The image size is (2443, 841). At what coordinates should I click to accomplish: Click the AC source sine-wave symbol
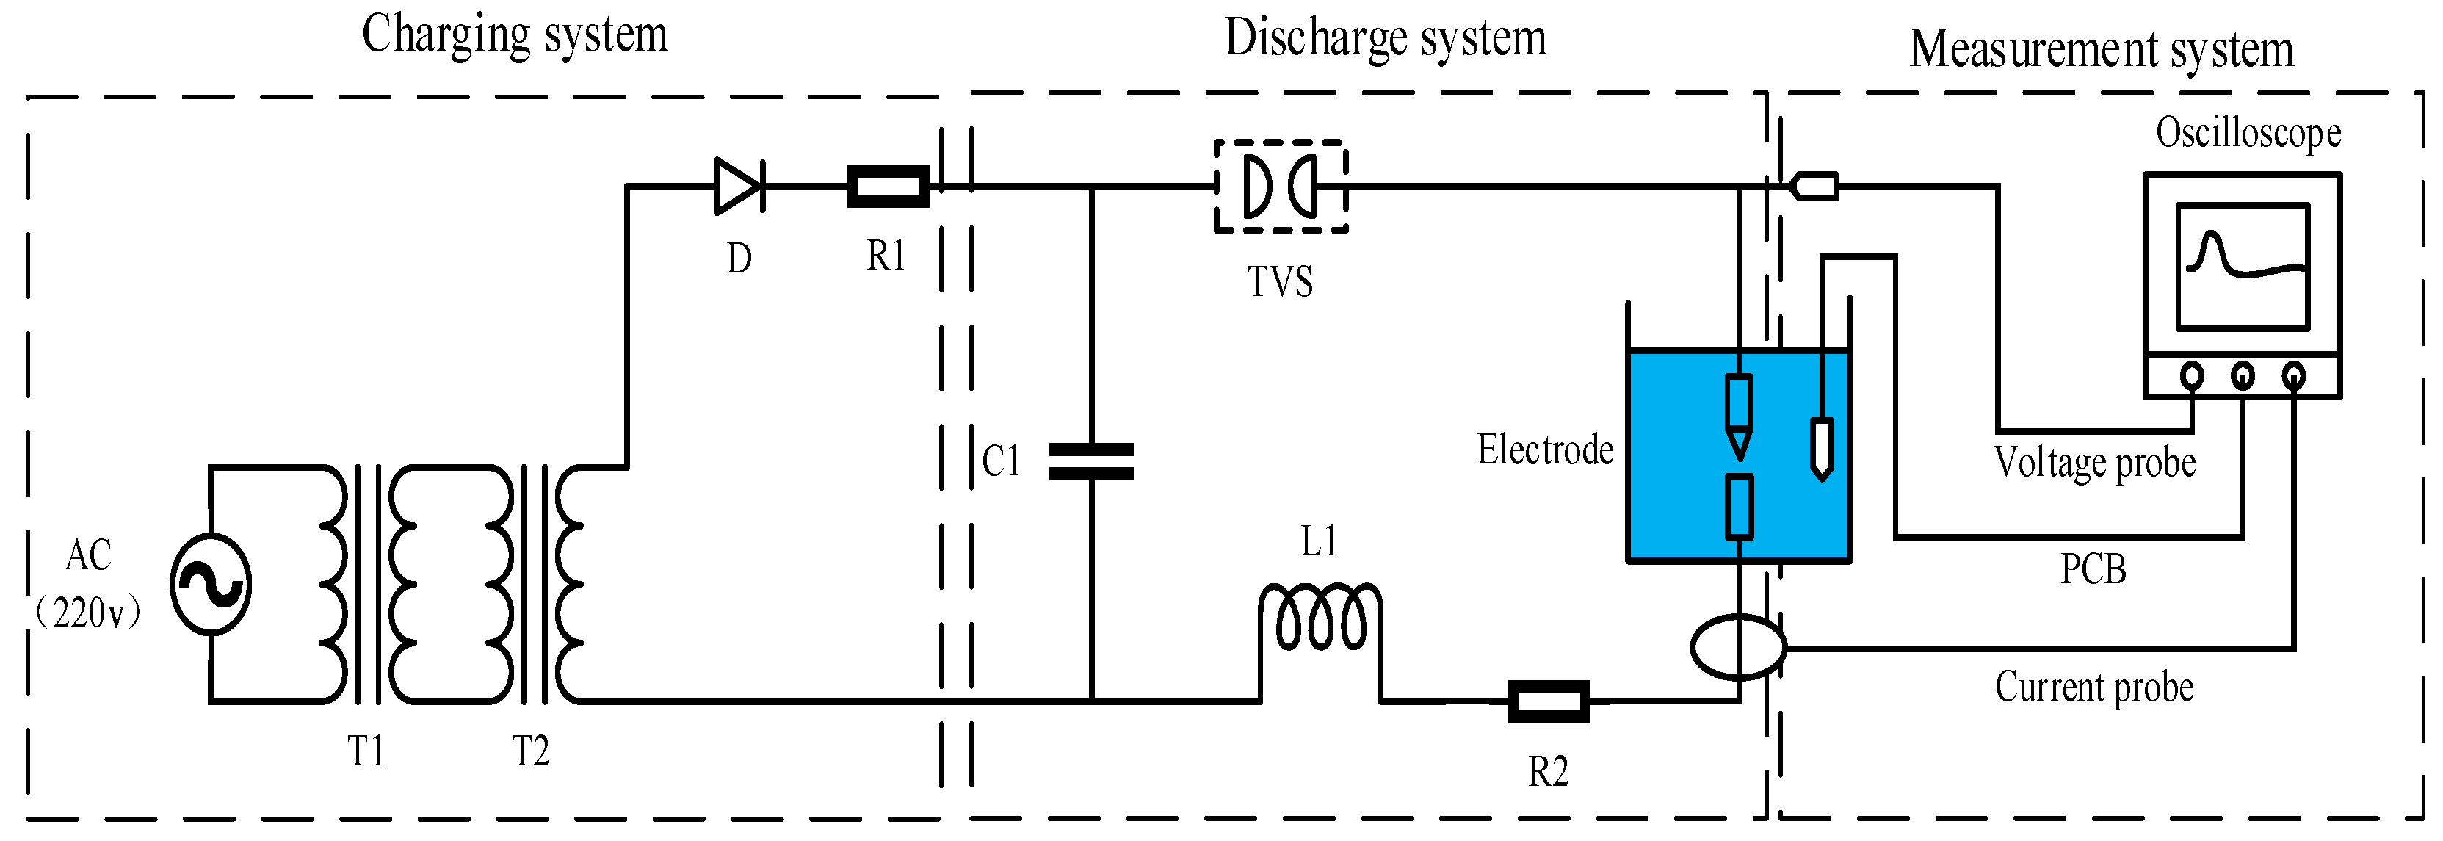coord(211,584)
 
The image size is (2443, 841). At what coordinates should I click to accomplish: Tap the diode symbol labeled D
coord(739,186)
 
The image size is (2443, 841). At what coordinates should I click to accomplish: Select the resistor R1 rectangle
coord(888,186)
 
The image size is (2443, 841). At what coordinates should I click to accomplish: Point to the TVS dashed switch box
coord(1281,186)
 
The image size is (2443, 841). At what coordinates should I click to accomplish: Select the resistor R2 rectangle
coord(1549,701)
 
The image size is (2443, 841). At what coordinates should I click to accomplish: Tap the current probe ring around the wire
coord(1738,646)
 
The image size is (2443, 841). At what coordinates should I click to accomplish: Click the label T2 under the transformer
coord(530,752)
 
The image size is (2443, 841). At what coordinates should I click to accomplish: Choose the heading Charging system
coord(514,35)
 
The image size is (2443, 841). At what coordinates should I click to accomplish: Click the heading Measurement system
coord(2101,49)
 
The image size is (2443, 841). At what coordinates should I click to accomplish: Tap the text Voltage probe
coord(2094,463)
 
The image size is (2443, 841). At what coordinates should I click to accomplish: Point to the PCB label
coord(2093,569)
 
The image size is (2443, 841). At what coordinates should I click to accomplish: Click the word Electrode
coord(1545,450)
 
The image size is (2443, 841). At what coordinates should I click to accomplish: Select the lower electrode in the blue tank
coord(1738,508)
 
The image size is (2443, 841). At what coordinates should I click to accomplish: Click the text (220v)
coord(88,613)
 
